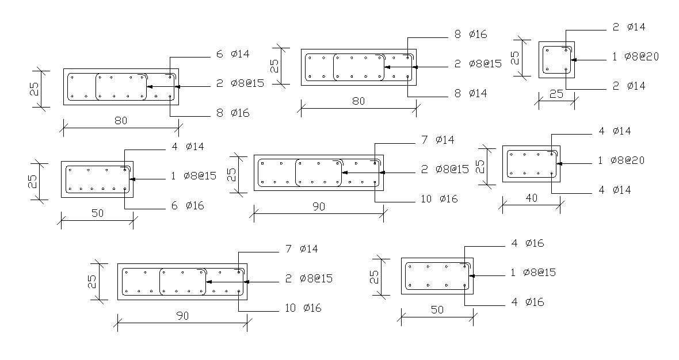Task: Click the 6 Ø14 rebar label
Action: (x=232, y=54)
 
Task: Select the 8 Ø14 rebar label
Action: (x=471, y=93)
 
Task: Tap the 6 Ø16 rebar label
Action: (x=187, y=205)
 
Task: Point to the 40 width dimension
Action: (x=531, y=198)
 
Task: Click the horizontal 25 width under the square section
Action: (x=556, y=94)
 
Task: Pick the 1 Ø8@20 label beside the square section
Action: (x=635, y=56)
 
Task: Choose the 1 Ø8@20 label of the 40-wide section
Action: (x=621, y=160)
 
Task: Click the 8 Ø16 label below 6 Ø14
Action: (x=232, y=113)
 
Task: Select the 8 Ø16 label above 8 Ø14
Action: (x=471, y=35)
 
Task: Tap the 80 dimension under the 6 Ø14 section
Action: (x=120, y=121)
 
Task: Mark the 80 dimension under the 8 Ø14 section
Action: (x=358, y=101)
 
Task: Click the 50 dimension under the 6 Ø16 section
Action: (x=97, y=213)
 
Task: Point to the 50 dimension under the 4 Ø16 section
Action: (x=437, y=310)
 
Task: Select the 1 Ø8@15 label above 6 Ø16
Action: (x=193, y=176)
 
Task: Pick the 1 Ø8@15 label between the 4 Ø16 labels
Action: (x=533, y=273)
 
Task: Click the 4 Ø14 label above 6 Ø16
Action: (x=187, y=147)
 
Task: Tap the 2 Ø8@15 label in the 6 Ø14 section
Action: (x=240, y=83)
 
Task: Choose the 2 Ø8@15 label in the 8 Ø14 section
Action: (x=478, y=64)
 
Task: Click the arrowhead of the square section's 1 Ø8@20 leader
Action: (x=575, y=59)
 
